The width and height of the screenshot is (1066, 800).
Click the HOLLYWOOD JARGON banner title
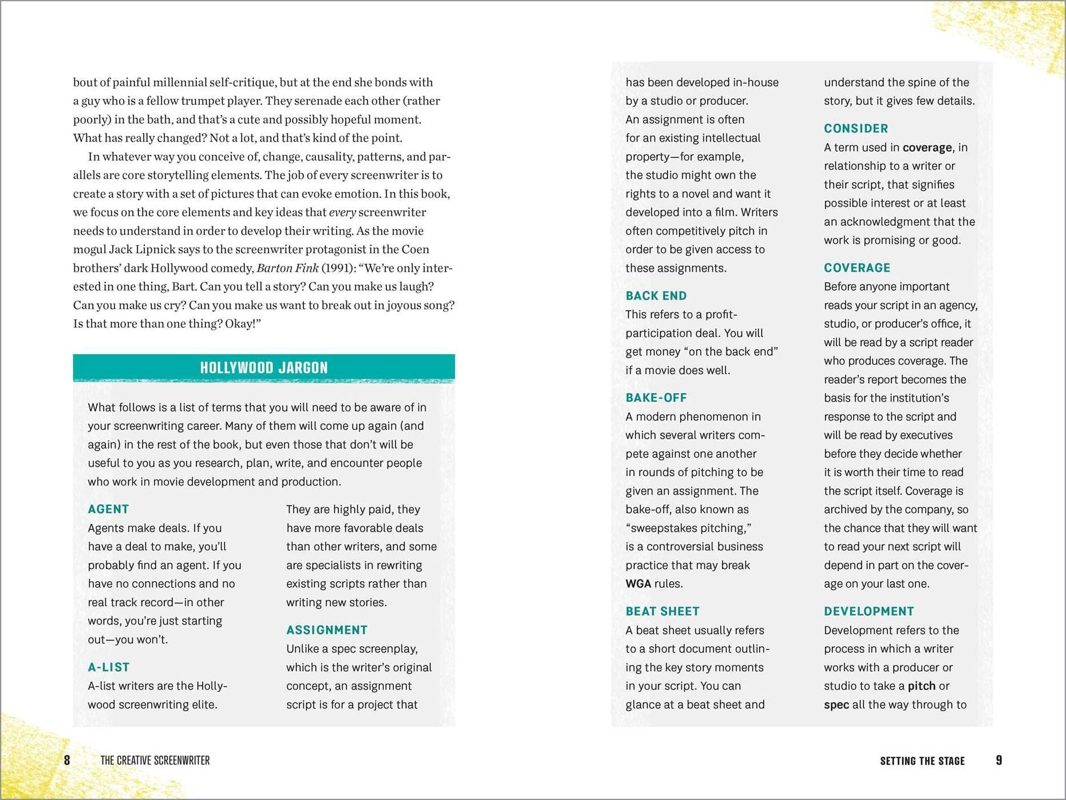tap(264, 368)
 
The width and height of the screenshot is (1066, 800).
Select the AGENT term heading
tap(108, 509)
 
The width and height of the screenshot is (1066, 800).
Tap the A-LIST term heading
tap(109, 667)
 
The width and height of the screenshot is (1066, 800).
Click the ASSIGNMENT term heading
tap(327, 630)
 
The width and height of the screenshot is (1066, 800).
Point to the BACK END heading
tap(656, 296)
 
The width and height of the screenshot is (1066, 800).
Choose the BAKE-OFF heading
tap(656, 398)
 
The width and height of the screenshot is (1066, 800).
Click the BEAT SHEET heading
tap(662, 611)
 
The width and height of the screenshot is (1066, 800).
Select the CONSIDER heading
tap(856, 128)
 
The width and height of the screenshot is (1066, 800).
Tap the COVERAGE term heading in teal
tap(857, 268)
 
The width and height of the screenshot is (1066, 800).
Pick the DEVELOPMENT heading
tap(868, 611)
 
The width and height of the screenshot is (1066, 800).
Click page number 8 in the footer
tap(67, 760)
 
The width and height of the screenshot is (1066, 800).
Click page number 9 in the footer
tap(999, 760)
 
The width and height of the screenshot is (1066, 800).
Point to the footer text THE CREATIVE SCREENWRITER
tap(155, 760)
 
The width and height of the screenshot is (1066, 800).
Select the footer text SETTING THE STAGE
tap(922, 761)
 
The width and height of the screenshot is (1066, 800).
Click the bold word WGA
tap(638, 584)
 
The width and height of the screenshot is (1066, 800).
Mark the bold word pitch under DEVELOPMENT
tap(921, 686)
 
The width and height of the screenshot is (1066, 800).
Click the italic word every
tap(342, 213)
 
